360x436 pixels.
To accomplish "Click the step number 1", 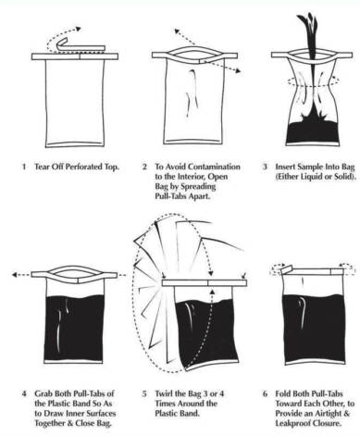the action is click(24, 167).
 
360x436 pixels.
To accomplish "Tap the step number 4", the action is click(24, 393).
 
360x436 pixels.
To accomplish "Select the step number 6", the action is click(266, 393).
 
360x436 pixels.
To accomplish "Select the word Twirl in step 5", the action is click(164, 393).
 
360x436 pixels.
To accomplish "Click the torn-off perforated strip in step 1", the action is click(81, 46).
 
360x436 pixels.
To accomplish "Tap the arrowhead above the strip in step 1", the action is click(78, 29).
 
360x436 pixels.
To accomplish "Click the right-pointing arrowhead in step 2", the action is click(237, 71).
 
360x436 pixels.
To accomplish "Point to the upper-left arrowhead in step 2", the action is click(178, 31).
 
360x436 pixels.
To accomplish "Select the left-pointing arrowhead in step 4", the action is click(15, 274).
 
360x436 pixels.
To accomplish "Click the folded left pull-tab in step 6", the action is click(286, 270).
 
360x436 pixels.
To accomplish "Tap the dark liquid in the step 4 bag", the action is click(74, 328).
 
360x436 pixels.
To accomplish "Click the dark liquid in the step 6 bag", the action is click(314, 328).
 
